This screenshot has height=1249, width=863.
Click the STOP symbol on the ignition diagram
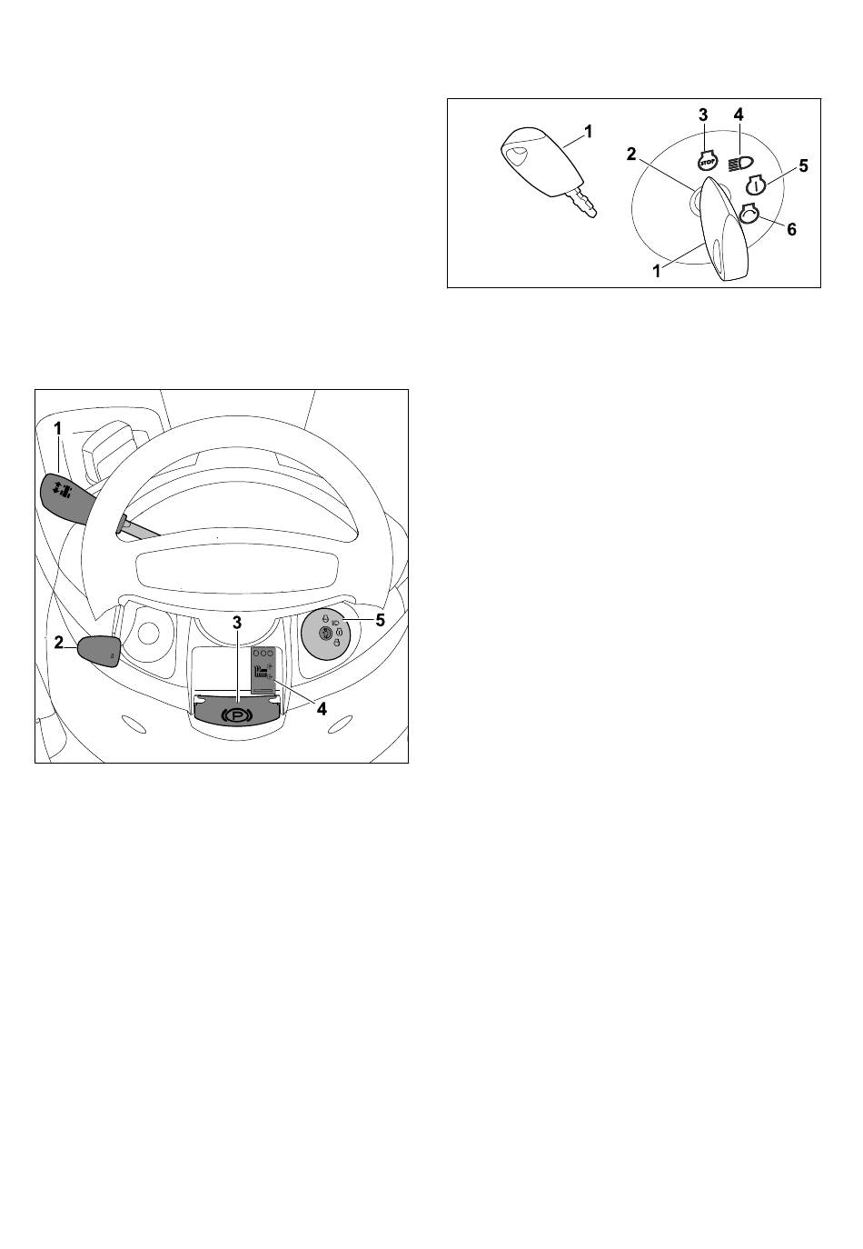pyautogui.click(x=708, y=161)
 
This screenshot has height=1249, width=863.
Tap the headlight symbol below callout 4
pyautogui.click(x=740, y=164)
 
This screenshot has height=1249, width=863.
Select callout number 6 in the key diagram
pyautogui.click(x=791, y=229)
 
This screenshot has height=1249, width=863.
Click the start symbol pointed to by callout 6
pyautogui.click(x=749, y=215)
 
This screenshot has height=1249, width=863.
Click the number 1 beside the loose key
pyautogui.click(x=588, y=132)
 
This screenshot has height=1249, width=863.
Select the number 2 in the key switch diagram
pyautogui.click(x=631, y=154)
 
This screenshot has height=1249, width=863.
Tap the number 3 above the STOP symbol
pyautogui.click(x=703, y=115)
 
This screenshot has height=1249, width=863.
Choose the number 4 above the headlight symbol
pyautogui.click(x=739, y=115)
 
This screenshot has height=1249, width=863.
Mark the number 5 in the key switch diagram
pyautogui.click(x=803, y=166)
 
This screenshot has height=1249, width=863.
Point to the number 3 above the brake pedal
pyautogui.click(x=237, y=623)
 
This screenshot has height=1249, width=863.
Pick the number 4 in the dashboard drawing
pyautogui.click(x=322, y=709)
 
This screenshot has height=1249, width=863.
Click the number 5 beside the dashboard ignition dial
pyautogui.click(x=380, y=620)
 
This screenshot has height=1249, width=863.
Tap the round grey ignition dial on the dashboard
pyautogui.click(x=326, y=632)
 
